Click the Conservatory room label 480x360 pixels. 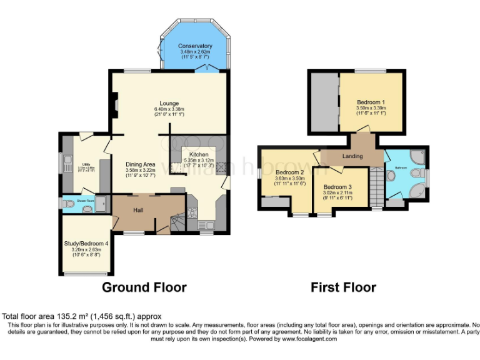click(x=194, y=46)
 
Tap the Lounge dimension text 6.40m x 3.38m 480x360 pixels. click(x=169, y=109)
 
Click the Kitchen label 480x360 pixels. click(x=199, y=154)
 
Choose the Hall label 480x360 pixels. click(x=139, y=210)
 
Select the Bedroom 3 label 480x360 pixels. click(x=337, y=187)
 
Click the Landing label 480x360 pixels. click(x=352, y=156)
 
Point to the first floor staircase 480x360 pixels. click(x=376, y=186)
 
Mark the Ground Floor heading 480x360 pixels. click(x=144, y=287)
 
